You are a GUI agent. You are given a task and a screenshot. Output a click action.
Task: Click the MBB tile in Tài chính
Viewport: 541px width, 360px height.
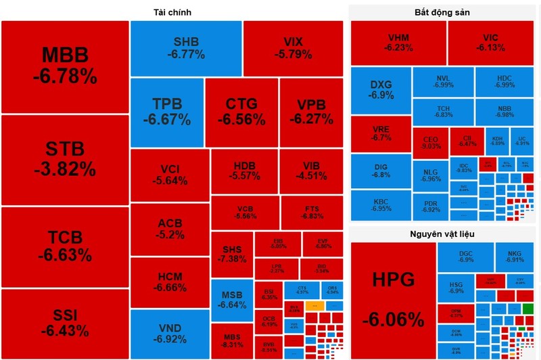coord(65,66)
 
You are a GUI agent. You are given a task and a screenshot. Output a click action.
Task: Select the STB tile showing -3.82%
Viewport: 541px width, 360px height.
coord(65,160)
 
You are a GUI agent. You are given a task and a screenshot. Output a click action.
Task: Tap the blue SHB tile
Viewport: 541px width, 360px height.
coord(186,47)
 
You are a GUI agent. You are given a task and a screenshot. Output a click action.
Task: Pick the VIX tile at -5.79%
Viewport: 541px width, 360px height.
coord(293,47)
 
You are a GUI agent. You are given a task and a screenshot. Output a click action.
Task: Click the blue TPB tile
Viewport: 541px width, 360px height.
coord(166,112)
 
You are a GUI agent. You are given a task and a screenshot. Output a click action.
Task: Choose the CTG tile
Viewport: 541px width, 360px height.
coord(241,112)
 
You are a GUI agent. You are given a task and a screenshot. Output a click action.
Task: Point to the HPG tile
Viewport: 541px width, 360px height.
coord(392,298)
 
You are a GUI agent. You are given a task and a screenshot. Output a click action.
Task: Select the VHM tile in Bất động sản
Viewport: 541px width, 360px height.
coord(398,43)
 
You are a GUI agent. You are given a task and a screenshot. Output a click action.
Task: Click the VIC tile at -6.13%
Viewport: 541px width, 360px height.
coord(490,43)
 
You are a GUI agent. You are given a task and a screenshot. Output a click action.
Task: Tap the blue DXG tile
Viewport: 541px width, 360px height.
coord(381,91)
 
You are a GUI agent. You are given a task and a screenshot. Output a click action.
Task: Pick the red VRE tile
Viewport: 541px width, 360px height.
coord(381,133)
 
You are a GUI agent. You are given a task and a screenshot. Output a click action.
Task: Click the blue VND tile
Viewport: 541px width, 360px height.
coord(169,334)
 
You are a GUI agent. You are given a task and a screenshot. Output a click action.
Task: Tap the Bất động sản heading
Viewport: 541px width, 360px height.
coord(442,12)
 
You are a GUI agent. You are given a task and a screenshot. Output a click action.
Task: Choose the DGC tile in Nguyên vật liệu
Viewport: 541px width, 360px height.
coord(466,256)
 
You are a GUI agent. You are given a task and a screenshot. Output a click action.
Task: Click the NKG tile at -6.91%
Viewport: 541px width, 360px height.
coord(515,256)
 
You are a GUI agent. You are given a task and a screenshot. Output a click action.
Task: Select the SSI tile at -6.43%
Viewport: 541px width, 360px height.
coord(65,323)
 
